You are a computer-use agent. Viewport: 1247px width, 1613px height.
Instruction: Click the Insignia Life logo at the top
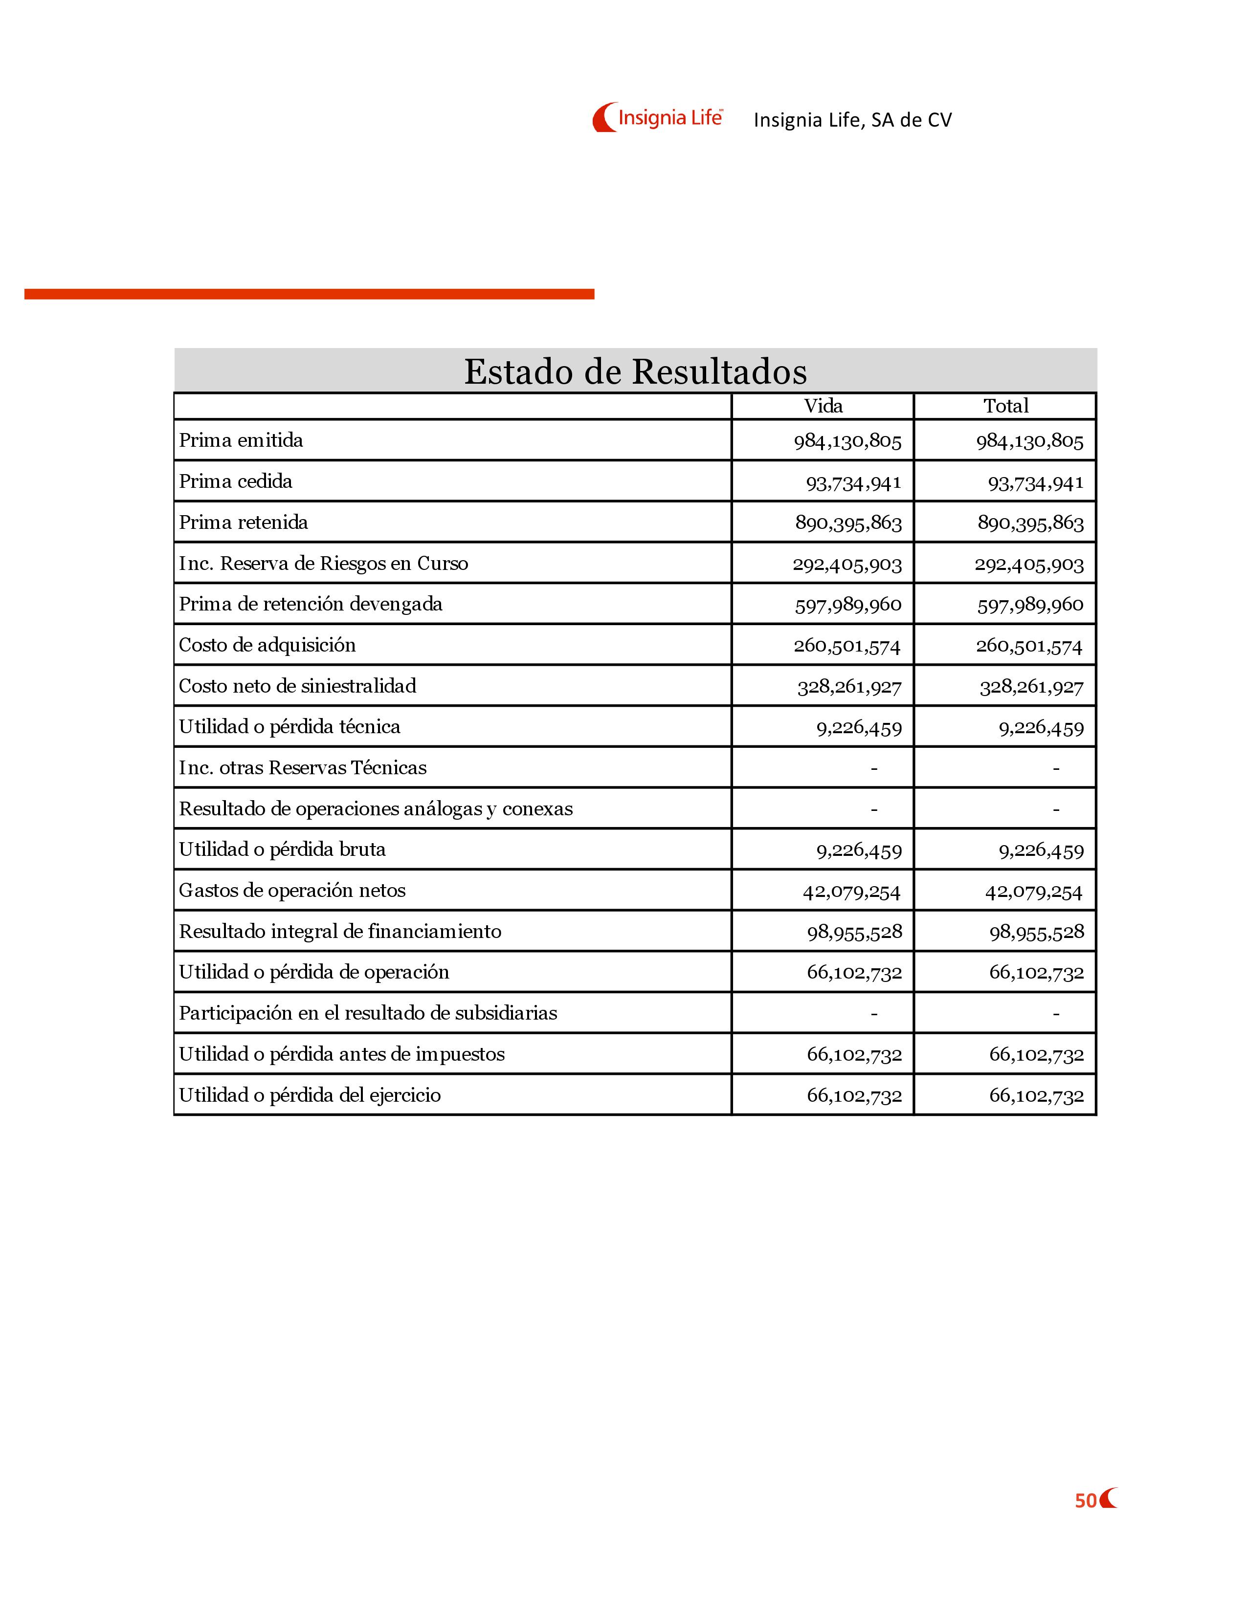657,117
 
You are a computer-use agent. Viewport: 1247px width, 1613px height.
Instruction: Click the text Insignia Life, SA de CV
852,120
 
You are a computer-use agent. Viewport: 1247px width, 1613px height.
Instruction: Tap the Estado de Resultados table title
635,371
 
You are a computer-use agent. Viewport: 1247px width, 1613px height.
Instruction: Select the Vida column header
823,406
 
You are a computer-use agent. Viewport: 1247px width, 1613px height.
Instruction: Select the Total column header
1005,406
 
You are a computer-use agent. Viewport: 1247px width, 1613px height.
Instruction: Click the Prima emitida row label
241,440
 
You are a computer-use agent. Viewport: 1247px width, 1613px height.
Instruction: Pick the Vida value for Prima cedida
853,483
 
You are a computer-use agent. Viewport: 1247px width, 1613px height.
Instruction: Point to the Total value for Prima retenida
1030,523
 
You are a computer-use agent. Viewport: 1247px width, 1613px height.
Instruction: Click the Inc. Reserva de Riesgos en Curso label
324,564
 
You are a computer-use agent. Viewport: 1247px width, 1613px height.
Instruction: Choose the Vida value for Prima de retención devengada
848,605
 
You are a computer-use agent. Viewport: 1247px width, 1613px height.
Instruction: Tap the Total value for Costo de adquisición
1029,646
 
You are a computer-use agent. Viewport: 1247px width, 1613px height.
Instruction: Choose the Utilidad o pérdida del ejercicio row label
310,1095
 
